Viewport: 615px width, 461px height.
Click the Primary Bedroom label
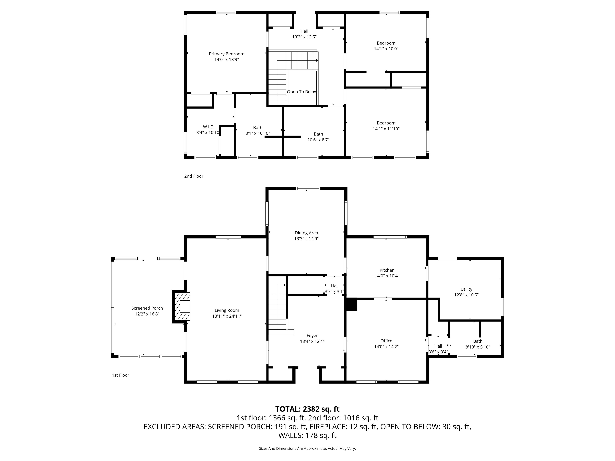[227, 54]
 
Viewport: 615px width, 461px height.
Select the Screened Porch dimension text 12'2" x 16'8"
[147, 314]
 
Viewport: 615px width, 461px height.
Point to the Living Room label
[227, 310]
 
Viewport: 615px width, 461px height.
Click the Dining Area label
[306, 233]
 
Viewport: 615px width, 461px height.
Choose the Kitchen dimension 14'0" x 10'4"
[387, 276]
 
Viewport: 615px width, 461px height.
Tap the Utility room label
[466, 289]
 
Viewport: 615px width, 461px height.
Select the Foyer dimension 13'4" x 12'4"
[312, 341]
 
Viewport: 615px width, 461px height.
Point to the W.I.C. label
[208, 127]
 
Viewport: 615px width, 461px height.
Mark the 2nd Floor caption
[194, 176]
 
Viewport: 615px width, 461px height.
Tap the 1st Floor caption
[121, 375]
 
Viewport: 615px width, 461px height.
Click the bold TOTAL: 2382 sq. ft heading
[307, 409]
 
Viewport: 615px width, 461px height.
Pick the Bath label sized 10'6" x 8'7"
[318, 134]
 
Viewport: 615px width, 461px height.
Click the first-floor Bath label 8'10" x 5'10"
[478, 341]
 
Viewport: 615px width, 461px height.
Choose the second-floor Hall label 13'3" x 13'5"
[304, 31]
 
